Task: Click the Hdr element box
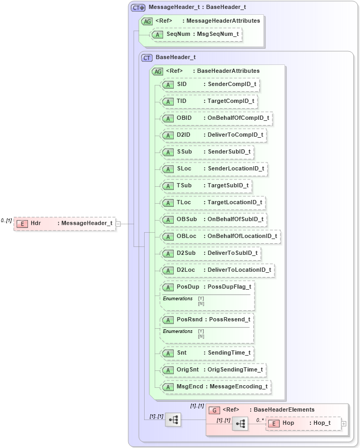[64, 223]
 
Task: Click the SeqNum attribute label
[178, 34]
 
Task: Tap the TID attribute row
[209, 101]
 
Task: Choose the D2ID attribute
[183, 135]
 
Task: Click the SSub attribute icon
[168, 152]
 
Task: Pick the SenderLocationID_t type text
[235, 169]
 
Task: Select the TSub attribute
[184, 186]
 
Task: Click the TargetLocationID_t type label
[234, 203]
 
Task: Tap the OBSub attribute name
[187, 220]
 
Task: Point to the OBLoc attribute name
[186, 236]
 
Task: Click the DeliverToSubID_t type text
[232, 253]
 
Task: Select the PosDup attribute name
[188, 287]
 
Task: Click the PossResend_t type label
[230, 320]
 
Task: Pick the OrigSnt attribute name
[188, 369]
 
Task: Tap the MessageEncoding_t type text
[239, 387]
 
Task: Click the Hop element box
[304, 423]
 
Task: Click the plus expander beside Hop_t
[344, 423]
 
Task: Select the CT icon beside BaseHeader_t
[147, 58]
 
